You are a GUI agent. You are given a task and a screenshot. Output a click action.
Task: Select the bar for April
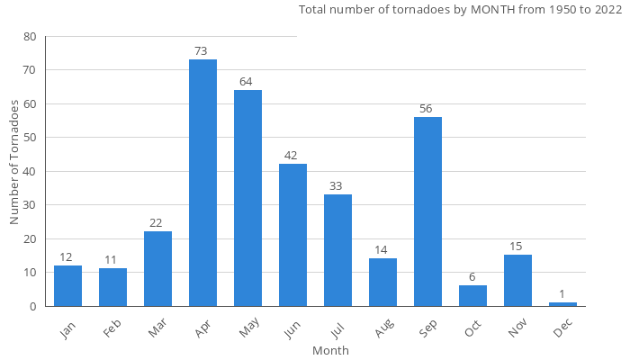(x=202, y=183)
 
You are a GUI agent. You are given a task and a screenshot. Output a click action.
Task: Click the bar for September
(x=427, y=211)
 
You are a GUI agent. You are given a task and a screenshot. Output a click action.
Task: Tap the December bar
(x=562, y=304)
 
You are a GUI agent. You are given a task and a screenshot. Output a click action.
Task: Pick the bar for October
(x=472, y=296)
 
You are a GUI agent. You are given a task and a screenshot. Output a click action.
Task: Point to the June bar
(x=292, y=235)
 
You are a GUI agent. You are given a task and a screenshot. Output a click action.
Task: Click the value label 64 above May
(x=246, y=82)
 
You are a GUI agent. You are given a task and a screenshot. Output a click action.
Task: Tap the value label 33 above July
(x=336, y=186)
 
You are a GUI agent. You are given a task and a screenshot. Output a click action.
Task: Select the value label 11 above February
(x=111, y=260)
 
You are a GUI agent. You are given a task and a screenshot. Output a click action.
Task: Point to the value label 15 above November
(x=516, y=247)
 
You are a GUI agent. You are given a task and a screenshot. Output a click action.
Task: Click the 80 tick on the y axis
(x=31, y=37)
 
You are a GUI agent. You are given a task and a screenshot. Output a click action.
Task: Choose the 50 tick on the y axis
(x=31, y=138)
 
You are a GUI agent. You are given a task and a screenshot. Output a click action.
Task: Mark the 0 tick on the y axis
(x=34, y=306)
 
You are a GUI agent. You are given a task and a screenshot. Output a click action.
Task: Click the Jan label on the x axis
(x=68, y=330)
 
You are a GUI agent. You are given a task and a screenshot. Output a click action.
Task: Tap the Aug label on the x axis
(x=382, y=331)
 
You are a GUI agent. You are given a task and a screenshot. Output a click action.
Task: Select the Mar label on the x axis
(x=157, y=331)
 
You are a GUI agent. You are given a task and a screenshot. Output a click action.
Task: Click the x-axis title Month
(x=330, y=350)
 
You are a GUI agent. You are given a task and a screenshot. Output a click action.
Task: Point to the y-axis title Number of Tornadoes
(x=14, y=162)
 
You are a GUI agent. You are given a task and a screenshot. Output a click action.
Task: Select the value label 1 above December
(x=562, y=294)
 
